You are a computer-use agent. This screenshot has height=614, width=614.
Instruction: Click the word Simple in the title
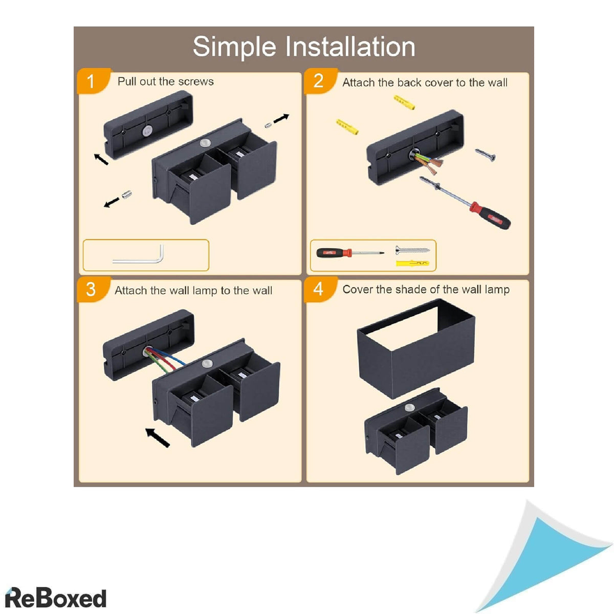coord(234,47)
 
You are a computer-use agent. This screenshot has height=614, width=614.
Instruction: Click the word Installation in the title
coord(350,47)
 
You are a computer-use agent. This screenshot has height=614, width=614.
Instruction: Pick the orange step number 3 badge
coord(94,289)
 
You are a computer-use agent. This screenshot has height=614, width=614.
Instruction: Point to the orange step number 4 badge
coord(320,289)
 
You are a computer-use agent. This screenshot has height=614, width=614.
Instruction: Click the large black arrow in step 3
coord(158,438)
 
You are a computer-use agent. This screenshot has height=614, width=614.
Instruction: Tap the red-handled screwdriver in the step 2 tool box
coord(350,253)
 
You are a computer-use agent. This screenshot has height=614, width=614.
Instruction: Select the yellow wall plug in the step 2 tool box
coord(412,263)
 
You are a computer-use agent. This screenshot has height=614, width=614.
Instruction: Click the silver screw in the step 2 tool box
coord(412,250)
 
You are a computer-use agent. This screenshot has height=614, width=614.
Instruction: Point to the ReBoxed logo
coord(55,598)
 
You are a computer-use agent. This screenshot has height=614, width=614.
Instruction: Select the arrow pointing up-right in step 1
coord(281,118)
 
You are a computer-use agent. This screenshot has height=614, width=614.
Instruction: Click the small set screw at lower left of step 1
coord(126,194)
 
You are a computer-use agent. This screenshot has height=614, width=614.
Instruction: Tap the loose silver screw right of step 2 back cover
coord(485,155)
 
